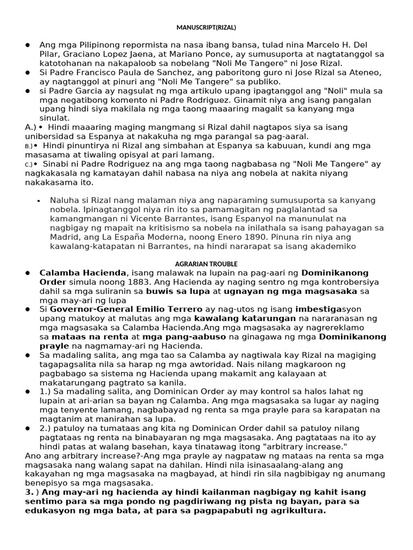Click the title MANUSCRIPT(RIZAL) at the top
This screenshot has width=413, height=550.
pyautogui.click(x=206, y=27)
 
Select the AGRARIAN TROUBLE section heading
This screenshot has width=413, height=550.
pyautogui.click(x=206, y=264)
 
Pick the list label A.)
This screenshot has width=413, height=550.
pyautogui.click(x=30, y=127)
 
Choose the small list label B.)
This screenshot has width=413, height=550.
pyautogui.click(x=29, y=146)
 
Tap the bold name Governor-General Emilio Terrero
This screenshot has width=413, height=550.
pyautogui.click(x=126, y=309)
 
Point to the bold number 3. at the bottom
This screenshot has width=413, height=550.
pyautogui.click(x=31, y=493)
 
